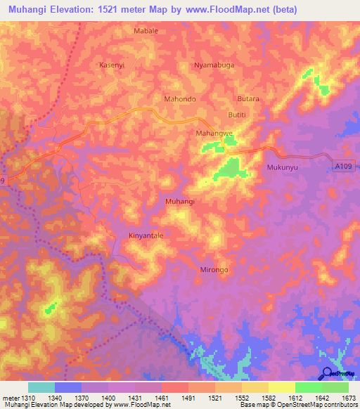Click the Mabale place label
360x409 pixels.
tap(146, 32)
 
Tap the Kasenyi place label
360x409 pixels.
tap(111, 65)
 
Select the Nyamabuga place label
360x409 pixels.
tap(213, 65)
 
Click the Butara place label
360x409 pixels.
tap(248, 99)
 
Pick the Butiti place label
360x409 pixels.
tap(239, 115)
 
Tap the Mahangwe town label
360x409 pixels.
tap(214, 132)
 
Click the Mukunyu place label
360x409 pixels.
tap(283, 167)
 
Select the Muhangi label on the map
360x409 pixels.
tap(179, 202)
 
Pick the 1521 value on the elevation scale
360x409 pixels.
tap(214, 398)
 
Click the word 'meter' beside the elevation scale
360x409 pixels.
tap(8, 398)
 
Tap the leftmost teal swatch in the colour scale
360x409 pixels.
tap(41, 387)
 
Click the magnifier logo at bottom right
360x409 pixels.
tap(327, 372)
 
